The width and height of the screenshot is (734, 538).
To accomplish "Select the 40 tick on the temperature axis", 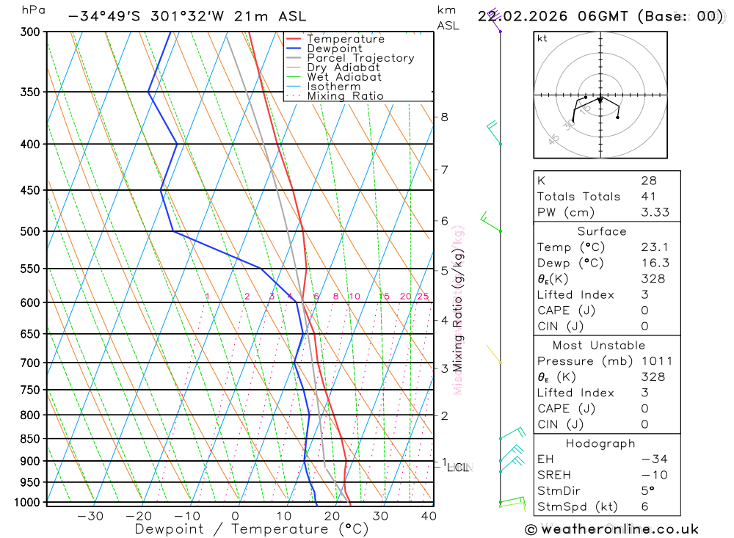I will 429,515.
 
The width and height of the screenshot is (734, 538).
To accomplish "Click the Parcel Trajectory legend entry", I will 360,58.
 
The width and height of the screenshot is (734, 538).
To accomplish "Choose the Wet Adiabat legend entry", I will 344,77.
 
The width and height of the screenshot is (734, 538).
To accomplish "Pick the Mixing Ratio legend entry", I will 345,96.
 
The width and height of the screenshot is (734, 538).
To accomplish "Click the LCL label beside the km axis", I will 458,467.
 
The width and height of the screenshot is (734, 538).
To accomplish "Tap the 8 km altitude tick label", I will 444,117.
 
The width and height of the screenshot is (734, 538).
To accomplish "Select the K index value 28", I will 648,181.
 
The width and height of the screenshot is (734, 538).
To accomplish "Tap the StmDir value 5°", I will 646,491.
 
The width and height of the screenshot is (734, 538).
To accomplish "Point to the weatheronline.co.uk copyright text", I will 611,529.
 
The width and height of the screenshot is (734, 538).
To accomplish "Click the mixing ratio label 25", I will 423,297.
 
